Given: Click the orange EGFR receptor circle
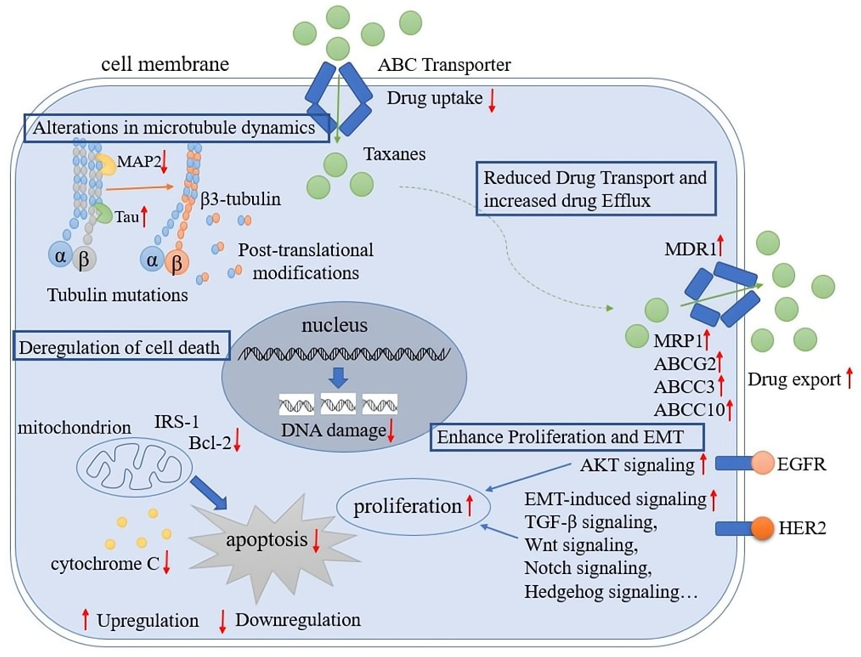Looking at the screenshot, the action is [762, 463].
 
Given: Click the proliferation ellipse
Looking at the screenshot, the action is [413, 506].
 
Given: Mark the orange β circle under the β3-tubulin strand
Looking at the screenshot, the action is [177, 263].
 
